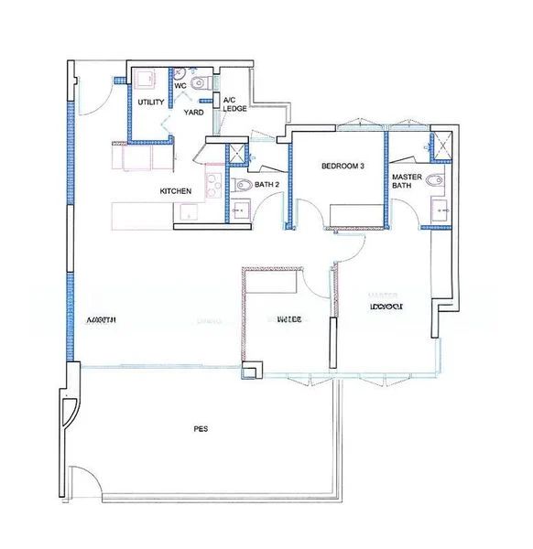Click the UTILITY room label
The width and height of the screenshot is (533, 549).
tap(151, 102)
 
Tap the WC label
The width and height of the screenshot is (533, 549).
tap(180, 85)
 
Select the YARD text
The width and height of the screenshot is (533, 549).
tap(193, 113)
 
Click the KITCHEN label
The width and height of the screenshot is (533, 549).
tap(176, 190)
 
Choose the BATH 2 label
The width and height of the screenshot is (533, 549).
tap(267, 184)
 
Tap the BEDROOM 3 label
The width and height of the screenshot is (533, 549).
tap(343, 167)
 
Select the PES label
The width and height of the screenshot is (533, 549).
tap(200, 428)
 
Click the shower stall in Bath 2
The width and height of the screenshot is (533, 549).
tap(238, 156)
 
